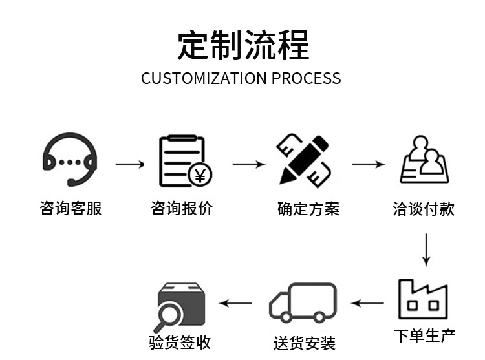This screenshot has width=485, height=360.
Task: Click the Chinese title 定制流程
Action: pyautogui.click(x=243, y=45)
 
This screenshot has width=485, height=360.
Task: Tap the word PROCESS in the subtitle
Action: pyautogui.click(x=306, y=79)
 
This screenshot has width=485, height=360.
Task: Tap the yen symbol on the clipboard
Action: pyautogui.click(x=200, y=175)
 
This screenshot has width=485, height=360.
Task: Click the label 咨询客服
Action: pyautogui.click(x=70, y=208)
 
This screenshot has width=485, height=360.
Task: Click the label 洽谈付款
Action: pyautogui.click(x=424, y=209)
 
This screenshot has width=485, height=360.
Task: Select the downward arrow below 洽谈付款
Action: pyautogui.click(x=425, y=249)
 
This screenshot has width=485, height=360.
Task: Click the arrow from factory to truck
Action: pyautogui.click(x=367, y=302)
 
